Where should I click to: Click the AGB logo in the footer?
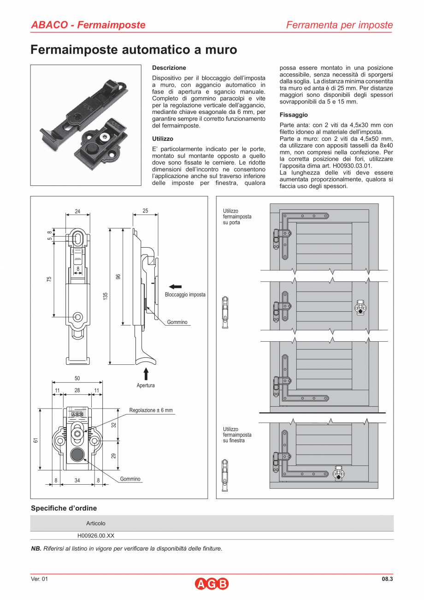(212, 584)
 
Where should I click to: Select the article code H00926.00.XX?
(96, 536)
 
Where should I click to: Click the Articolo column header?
(96, 523)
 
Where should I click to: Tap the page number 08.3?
(387, 579)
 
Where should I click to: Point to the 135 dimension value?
(105, 295)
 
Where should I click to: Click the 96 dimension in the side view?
(118, 277)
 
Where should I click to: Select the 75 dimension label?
(49, 279)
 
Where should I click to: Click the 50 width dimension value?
(77, 378)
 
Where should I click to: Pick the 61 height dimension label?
(35, 440)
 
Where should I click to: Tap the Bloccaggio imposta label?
(185, 295)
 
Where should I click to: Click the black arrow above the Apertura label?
(146, 373)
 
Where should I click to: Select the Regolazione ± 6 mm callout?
(151, 410)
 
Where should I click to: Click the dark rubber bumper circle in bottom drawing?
(77, 455)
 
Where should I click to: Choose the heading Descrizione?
(169, 68)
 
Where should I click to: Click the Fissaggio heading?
(294, 115)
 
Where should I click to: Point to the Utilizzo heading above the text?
(163, 138)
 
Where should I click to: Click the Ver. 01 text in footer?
(39, 579)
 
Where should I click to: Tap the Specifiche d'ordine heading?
(64, 508)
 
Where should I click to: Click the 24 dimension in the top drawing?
(77, 211)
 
